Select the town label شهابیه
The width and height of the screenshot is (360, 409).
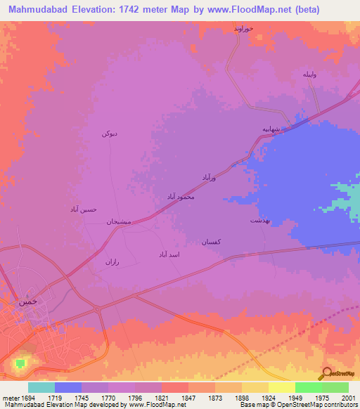coord(272,129)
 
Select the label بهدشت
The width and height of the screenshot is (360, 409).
coord(259,220)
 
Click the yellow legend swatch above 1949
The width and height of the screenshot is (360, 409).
coord(281,387)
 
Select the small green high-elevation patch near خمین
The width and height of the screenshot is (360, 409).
coord(20,363)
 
